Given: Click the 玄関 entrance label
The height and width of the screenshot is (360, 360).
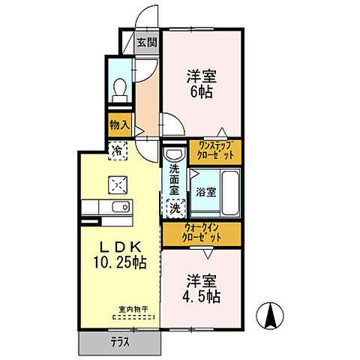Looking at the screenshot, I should tap(145, 42).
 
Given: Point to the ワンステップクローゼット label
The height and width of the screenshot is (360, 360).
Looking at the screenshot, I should tap(214, 148).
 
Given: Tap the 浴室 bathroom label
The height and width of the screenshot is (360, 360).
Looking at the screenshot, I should tap(205, 192).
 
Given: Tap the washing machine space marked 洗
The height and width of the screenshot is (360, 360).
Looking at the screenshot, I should tap(173, 206).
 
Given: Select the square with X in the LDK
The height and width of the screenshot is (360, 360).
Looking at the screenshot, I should tap(118, 181).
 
